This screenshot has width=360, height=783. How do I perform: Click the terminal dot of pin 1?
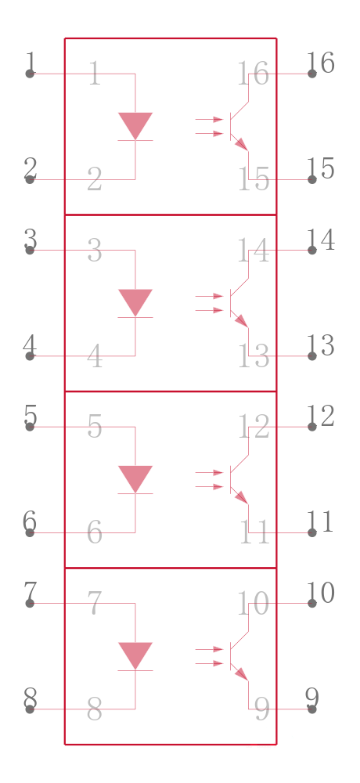(30, 74)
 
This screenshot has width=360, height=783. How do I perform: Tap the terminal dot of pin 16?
(312, 74)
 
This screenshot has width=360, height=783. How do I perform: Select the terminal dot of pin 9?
(312, 709)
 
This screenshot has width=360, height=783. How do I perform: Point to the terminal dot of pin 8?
(30, 709)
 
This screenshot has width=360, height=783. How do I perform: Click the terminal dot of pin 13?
(312, 356)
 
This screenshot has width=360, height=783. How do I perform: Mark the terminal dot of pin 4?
(30, 356)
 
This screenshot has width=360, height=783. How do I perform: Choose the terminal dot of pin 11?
(312, 532)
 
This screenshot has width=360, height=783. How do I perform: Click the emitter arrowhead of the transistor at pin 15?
(242, 144)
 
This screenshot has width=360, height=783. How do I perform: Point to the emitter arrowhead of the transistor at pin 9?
(242, 673)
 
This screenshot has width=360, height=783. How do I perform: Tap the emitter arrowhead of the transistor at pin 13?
(242, 320)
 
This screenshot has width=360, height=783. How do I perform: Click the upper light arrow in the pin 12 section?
(209, 472)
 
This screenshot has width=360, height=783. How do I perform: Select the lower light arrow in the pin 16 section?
(209, 134)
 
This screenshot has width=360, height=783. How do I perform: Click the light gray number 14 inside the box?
(253, 251)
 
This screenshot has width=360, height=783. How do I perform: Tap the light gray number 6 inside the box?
(95, 532)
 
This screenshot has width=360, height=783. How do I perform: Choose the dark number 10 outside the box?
(320, 594)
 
